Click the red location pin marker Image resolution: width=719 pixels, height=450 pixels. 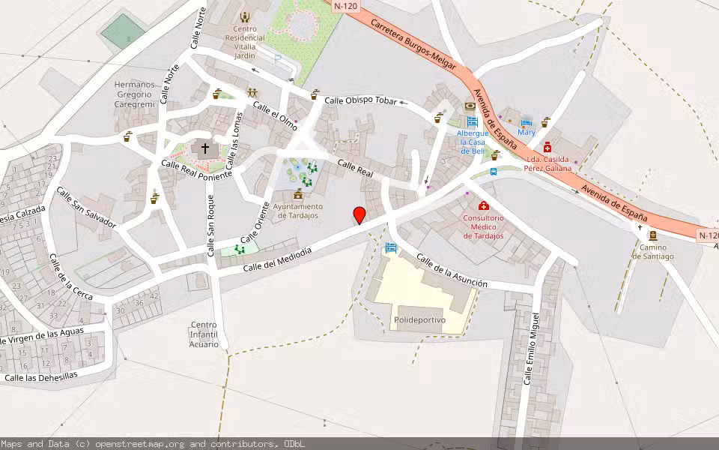359,215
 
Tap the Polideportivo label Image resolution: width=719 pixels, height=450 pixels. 419,319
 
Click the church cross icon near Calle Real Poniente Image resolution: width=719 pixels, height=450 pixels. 205,148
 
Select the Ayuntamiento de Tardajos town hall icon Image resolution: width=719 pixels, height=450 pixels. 298,194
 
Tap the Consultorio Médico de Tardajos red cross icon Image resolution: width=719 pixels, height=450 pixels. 483,205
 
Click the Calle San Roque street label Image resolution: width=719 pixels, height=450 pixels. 211,226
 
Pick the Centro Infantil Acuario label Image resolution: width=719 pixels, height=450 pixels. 204,334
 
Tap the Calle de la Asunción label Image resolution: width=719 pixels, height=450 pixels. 452,271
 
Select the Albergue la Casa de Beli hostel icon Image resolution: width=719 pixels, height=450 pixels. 472,121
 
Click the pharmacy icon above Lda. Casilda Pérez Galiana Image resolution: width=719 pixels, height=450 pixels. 548,148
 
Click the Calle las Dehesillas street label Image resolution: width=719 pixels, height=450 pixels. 40,377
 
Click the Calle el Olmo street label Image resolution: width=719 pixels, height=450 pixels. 275,116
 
